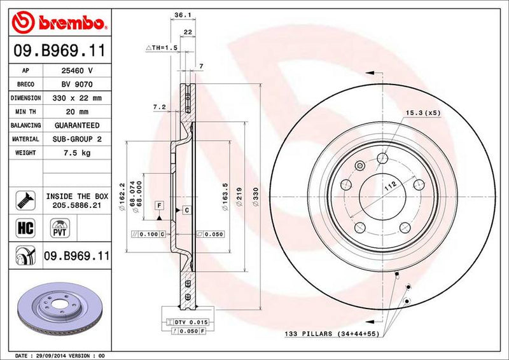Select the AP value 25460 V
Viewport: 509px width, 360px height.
tap(76, 71)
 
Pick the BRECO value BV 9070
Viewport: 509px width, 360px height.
tap(76, 85)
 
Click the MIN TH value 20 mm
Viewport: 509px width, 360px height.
tap(76, 112)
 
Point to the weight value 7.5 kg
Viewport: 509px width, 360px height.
tap(76, 153)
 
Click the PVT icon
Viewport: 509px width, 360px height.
tap(58, 227)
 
